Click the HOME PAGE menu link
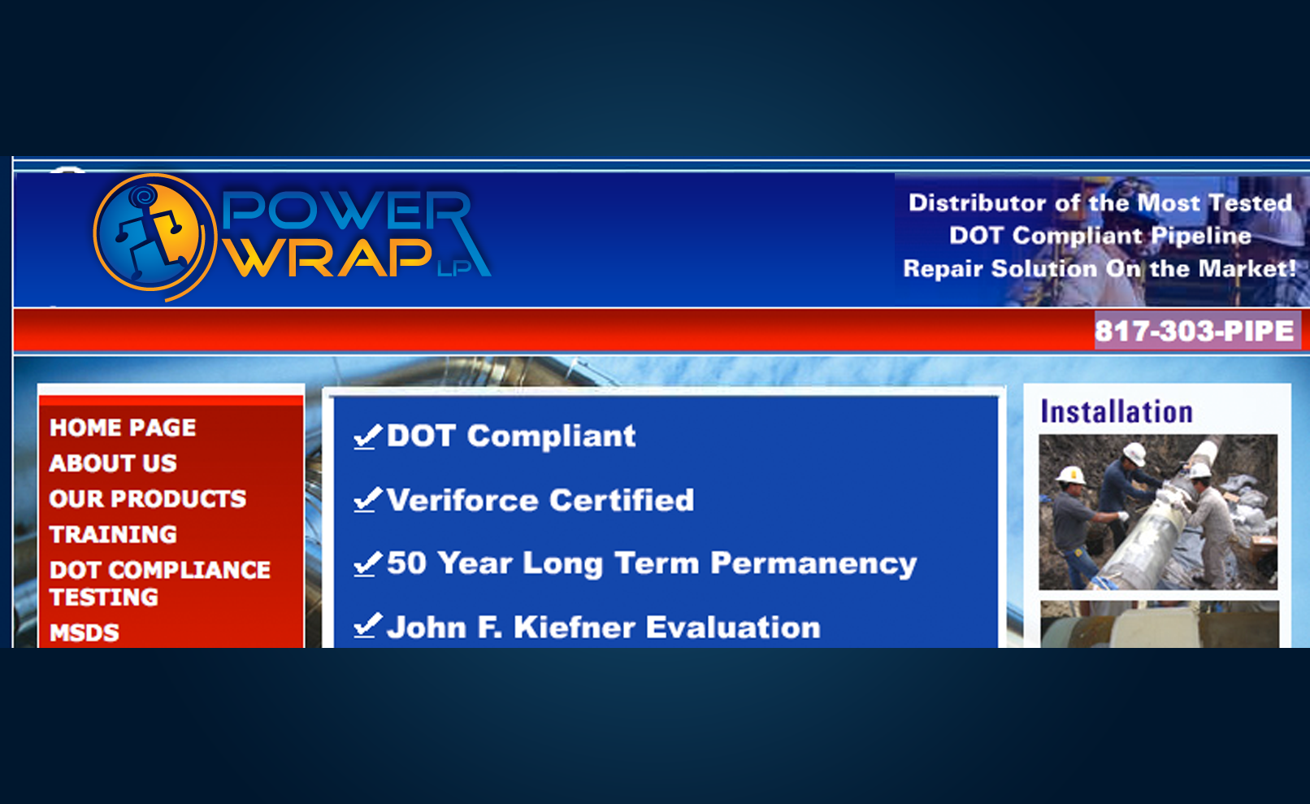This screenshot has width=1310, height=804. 123,428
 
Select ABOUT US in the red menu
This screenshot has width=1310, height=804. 113,463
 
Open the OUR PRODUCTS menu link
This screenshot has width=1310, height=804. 148,499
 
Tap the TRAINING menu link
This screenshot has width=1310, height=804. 113,535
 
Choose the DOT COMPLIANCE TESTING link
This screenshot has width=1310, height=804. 159,584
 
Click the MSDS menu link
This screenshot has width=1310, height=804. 85,633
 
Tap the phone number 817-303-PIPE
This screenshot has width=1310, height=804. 1195,331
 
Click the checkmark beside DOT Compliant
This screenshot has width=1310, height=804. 368,437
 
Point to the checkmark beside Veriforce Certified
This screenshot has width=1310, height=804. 368,500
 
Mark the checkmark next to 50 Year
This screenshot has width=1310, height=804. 368,564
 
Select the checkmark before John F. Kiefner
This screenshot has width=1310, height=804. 368,626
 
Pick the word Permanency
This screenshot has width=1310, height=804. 813,564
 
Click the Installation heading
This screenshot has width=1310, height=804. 1117,412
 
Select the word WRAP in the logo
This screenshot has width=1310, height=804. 328,257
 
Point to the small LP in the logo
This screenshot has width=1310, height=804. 453,268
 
